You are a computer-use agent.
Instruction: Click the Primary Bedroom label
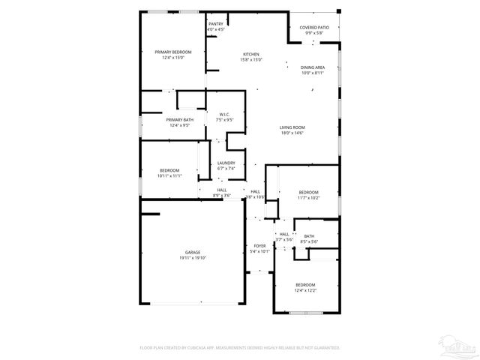172,52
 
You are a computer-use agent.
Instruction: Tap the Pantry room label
216,24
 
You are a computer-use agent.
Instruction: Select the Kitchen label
250,54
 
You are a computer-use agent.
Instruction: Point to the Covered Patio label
313,27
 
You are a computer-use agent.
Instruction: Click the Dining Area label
313,67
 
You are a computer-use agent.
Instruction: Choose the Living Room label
292,127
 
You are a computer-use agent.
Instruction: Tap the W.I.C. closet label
224,114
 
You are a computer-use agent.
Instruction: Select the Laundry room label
226,163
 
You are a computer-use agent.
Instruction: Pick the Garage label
193,252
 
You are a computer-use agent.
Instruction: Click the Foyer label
259,246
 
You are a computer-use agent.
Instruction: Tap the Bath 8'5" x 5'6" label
309,235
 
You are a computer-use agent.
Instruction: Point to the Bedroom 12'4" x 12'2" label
305,284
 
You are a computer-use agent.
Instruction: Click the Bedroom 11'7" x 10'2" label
308,192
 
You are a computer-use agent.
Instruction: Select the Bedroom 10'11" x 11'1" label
169,170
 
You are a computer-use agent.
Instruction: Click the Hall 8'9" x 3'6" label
222,190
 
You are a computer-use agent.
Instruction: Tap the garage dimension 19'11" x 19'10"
193,258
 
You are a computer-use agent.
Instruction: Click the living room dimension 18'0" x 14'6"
292,133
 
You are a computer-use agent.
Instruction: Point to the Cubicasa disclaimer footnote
240,348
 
